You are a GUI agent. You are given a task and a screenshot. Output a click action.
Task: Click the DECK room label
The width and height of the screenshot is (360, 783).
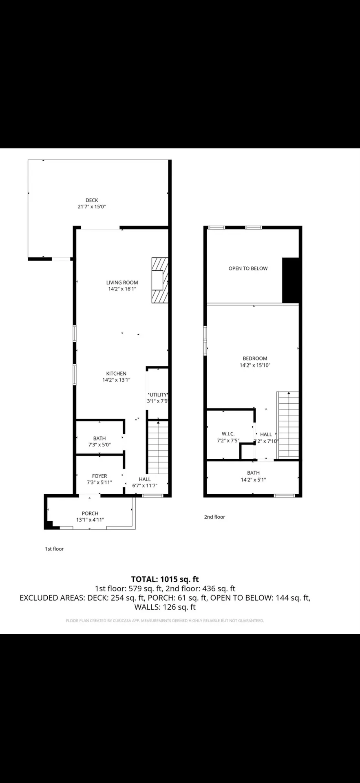pos(92,200)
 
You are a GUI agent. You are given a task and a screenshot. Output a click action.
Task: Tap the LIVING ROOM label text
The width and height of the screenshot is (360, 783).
pos(122,283)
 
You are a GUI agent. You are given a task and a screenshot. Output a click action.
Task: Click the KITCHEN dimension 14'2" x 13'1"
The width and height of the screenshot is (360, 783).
pos(116,380)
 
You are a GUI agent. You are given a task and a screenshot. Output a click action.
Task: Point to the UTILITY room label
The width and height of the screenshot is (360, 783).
pos(158,395)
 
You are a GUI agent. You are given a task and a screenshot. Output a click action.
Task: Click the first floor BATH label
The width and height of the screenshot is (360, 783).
pos(99,438)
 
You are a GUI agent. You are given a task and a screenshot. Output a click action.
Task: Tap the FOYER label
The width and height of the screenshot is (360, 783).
pos(99,476)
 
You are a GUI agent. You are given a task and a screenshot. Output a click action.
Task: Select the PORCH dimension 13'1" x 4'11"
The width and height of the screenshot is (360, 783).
pos(90,520)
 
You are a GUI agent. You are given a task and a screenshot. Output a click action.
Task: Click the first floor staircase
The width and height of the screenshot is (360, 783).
pos(157,447)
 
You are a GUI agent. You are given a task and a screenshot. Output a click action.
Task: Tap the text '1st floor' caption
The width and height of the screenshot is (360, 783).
pos(54,549)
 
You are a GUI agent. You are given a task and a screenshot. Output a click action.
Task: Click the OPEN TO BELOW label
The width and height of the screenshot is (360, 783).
pos(248,268)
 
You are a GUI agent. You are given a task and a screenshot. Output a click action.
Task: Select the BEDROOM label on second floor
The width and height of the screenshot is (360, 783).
pos(255,358)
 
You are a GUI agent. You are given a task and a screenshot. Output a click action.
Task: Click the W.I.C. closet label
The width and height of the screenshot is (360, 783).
pos(228,434)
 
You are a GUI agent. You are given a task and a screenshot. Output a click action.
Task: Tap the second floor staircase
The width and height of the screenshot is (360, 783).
pos(288,424)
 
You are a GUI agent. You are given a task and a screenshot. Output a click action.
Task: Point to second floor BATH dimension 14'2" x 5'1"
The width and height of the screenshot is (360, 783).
pos(253,480)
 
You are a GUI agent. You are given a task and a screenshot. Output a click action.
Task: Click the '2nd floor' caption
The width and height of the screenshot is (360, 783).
pos(214,517)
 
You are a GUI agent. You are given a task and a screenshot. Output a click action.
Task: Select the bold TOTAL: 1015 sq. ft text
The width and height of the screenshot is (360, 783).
pos(165,579)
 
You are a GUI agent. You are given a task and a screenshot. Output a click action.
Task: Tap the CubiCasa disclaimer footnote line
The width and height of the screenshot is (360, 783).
pos(165,621)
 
